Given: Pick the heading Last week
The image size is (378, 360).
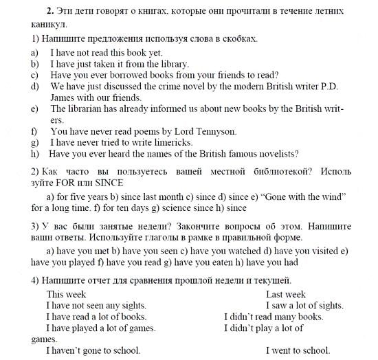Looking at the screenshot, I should click(x=287, y=294).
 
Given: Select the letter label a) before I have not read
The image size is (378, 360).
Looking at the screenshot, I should click(x=34, y=52).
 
